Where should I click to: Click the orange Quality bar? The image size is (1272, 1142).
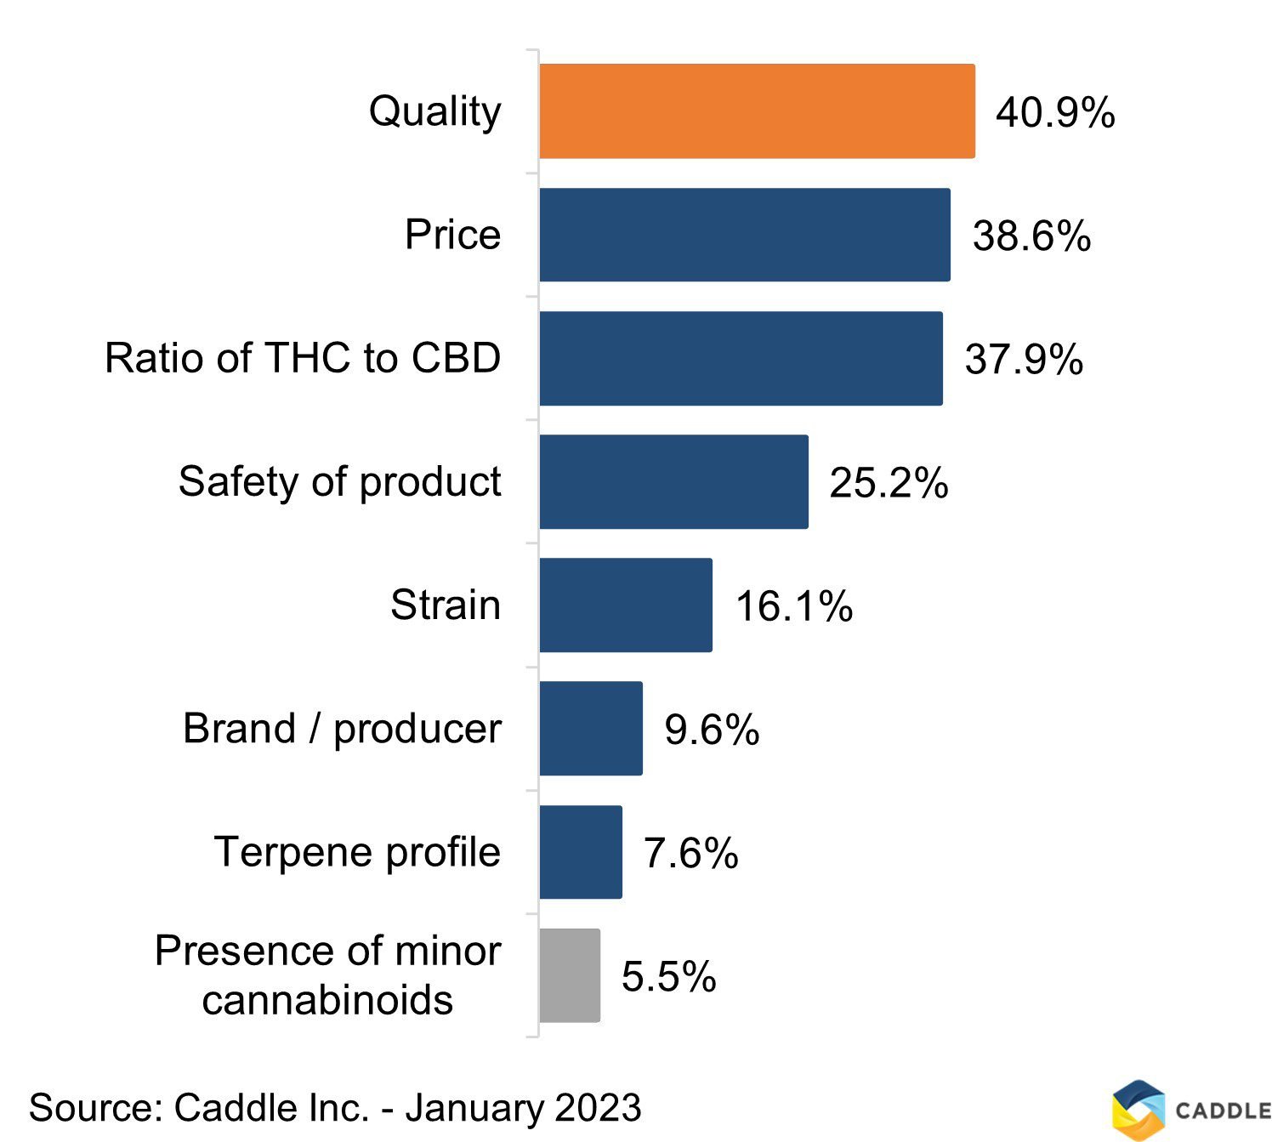757,111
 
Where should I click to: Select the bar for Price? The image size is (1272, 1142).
744,235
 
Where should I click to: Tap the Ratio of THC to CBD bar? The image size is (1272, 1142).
741,358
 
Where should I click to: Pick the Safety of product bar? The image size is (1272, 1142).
673,481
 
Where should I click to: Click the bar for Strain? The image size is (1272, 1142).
626,605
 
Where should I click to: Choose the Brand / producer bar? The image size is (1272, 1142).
591,728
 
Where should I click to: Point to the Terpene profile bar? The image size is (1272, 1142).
581,851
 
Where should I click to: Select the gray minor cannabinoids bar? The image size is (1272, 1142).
570,975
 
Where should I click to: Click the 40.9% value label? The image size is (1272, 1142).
1055,112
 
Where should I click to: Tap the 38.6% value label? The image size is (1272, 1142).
1031,236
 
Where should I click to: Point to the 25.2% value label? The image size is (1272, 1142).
889,483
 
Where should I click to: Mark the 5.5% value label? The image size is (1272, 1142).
668,976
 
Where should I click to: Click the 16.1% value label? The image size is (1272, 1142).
793,606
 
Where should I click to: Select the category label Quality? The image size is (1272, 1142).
434,111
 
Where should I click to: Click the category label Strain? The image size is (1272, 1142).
446,605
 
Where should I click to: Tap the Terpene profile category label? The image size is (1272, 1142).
357,852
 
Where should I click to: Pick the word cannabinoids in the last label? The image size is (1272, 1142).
327,1000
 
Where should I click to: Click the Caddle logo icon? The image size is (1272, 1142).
1138,1109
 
